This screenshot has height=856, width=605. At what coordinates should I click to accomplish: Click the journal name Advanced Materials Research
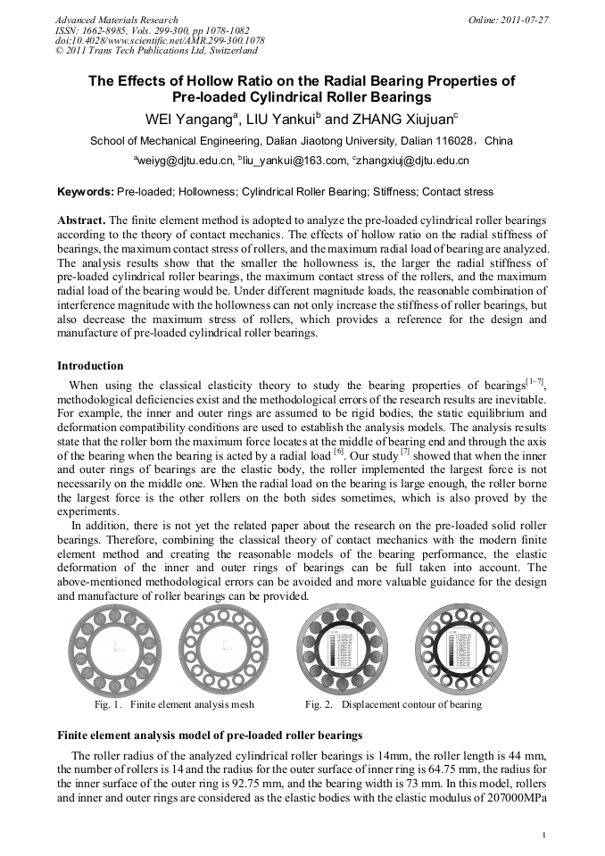(116, 19)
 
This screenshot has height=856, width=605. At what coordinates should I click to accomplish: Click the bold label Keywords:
(86, 192)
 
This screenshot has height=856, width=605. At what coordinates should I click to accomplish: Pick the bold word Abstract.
(81, 220)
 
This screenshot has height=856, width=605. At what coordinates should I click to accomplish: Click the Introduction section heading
(90, 366)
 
